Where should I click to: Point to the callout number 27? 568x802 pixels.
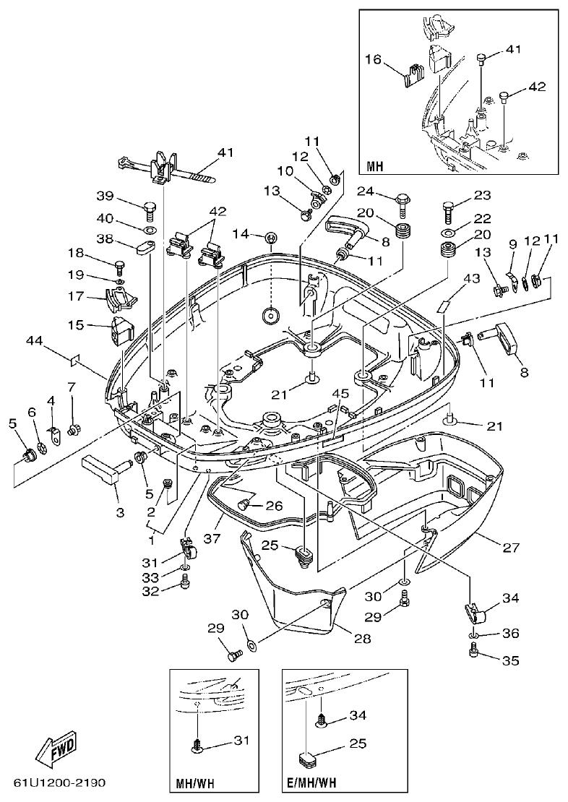[x=510, y=548]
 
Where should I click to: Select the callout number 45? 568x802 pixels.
[x=340, y=393]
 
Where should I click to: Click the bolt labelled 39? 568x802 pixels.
[x=147, y=210]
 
